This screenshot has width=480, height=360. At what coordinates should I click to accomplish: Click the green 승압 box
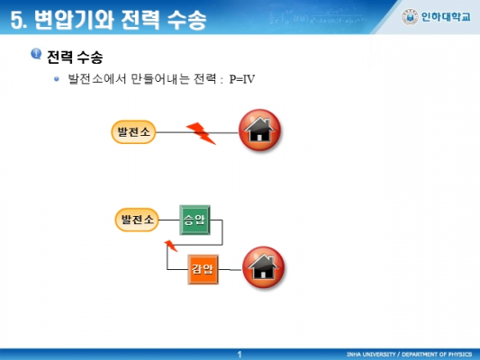click(195, 220)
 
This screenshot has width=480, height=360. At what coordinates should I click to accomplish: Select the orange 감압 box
click(203, 269)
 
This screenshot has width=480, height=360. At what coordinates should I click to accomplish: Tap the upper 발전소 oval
click(133, 132)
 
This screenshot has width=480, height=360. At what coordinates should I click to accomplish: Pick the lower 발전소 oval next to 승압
click(137, 220)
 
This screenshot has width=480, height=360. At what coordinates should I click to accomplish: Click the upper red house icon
click(259, 130)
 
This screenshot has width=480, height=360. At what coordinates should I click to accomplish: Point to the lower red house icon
click(263, 267)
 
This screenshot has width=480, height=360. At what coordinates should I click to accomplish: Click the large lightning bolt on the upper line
click(201, 133)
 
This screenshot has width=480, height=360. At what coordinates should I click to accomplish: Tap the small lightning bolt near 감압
click(171, 246)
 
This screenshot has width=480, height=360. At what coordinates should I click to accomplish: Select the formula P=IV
click(242, 79)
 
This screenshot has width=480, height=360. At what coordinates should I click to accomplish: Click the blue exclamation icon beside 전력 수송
click(36, 54)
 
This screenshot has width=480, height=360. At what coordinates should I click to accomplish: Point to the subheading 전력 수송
click(75, 57)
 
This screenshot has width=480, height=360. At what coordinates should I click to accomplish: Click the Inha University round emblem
click(410, 17)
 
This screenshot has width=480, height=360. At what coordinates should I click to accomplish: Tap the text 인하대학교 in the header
click(446, 17)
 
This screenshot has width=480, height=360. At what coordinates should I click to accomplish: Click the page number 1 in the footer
click(240, 355)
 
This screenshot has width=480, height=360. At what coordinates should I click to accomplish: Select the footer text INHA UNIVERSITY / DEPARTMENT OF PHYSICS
click(409, 355)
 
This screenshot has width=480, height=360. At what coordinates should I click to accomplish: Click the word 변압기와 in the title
click(74, 20)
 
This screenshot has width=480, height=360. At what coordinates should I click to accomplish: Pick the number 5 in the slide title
click(16, 21)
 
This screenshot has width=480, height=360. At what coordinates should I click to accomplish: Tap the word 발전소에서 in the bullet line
click(96, 79)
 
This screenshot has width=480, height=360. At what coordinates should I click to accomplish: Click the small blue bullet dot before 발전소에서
click(57, 79)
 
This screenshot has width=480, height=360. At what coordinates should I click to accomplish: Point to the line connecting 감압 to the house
click(231, 270)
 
